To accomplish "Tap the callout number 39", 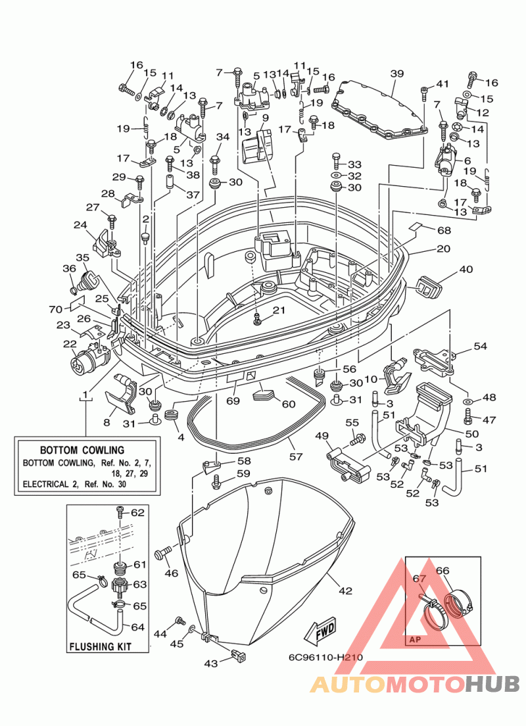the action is [x=397, y=73].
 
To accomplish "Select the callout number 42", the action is [x=345, y=591].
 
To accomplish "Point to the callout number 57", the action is [x=296, y=456].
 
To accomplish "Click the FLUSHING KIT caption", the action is [x=101, y=646].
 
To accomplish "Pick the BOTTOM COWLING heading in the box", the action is [x=82, y=450].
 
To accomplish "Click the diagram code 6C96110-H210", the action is [x=325, y=657].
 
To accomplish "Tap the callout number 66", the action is [x=442, y=570].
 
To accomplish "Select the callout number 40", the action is [x=466, y=269].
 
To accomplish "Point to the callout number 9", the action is [x=265, y=118].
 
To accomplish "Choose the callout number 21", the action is [x=279, y=310].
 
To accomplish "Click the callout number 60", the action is [x=289, y=404].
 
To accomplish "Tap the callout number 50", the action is [x=471, y=433].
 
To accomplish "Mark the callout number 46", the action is [x=172, y=573].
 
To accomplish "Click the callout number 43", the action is [x=210, y=664].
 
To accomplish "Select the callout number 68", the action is [x=444, y=230].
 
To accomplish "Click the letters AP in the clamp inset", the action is [x=416, y=639].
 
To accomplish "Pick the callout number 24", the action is [x=80, y=225].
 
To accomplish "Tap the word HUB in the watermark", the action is [x=492, y=685].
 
